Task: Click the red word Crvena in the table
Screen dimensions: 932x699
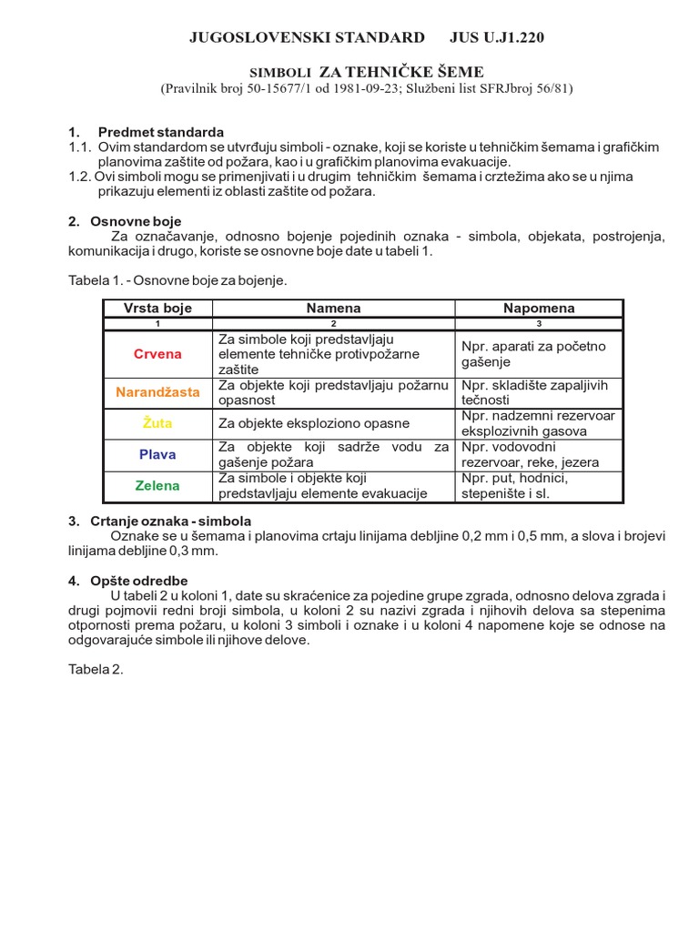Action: point(157,354)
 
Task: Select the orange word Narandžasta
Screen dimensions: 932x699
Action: point(157,392)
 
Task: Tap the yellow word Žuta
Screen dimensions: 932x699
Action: point(157,423)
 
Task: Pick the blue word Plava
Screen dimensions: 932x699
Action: point(157,454)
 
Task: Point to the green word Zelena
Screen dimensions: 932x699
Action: point(157,485)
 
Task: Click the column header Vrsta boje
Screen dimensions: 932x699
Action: point(157,309)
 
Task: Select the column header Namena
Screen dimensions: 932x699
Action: point(333,309)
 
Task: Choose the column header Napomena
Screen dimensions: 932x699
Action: point(539,309)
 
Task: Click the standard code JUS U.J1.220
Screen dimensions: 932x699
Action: point(497,37)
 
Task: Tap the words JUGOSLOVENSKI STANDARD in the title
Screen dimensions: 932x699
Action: point(306,37)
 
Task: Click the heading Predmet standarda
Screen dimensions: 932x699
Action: point(160,132)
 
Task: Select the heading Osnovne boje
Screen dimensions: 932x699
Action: point(136,221)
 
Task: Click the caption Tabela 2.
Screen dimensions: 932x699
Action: point(95,669)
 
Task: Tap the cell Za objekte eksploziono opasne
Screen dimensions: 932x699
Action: point(314,423)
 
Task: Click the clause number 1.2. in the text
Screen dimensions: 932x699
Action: point(80,177)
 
